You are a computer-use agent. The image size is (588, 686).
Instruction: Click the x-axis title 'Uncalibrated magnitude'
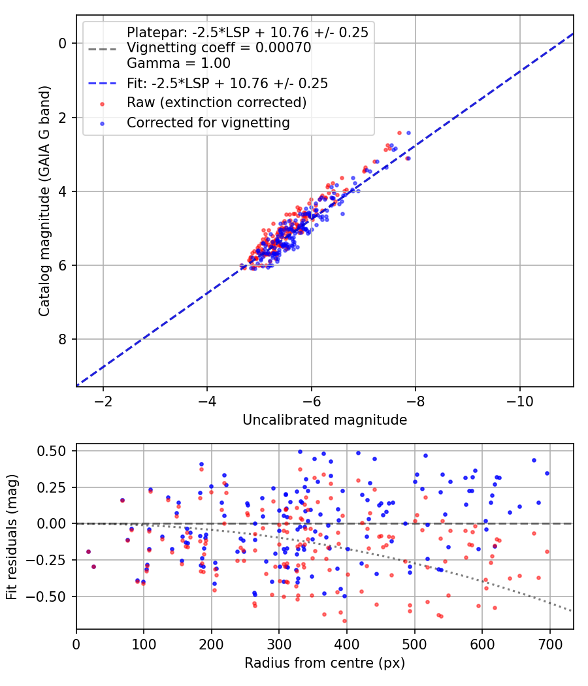point(325,420)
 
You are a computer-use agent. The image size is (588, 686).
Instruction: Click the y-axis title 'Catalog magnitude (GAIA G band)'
point(44,201)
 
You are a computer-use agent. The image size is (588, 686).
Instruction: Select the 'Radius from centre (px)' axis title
point(325,663)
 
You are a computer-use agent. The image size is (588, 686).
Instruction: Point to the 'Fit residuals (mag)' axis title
point(12,537)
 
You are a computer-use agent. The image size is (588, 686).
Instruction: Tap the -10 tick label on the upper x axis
point(520,401)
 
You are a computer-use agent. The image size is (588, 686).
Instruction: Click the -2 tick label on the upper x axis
point(103,401)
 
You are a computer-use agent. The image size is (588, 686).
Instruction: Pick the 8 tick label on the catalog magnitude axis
point(62,339)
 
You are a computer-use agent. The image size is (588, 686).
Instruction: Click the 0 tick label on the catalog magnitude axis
point(62,43)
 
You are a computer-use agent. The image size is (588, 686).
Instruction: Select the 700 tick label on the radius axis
point(549,644)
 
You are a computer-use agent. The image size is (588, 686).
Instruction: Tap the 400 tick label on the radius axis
point(346,644)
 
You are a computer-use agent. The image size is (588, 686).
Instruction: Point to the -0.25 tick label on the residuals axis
point(49,560)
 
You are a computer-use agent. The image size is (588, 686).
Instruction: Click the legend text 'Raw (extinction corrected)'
point(216,103)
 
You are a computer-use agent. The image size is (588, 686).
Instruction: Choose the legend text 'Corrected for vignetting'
point(208,123)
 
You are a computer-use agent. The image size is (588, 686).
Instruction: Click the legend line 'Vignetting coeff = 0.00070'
point(219,48)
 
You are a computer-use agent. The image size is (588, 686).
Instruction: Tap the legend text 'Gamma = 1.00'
point(178,63)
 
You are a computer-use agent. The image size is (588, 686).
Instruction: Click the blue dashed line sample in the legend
point(103,83)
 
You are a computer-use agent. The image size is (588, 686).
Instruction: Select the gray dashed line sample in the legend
point(103,48)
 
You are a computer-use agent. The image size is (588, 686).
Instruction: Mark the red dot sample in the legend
point(103,104)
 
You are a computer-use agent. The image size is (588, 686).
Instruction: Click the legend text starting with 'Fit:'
point(227,83)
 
